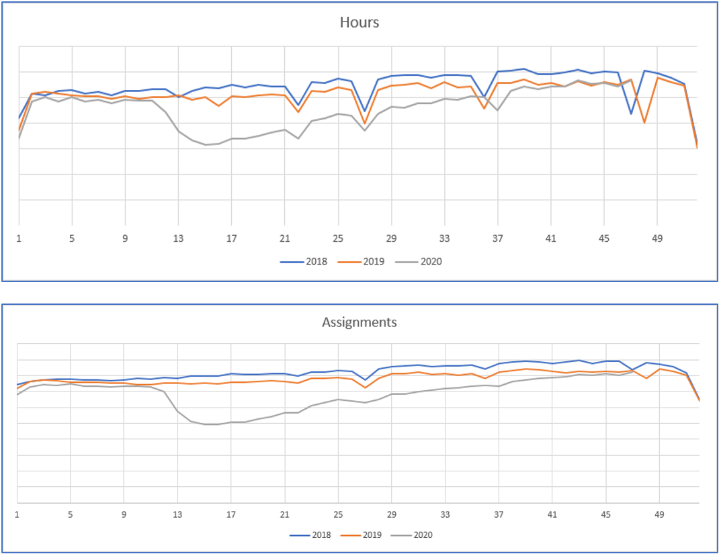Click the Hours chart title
click(x=359, y=22)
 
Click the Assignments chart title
click(x=359, y=322)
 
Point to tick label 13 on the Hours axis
click(x=178, y=238)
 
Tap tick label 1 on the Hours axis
click(x=19, y=238)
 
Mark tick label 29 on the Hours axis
click(x=391, y=238)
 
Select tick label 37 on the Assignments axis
click(x=499, y=515)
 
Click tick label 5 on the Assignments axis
click(x=71, y=515)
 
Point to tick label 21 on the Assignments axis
click(x=284, y=515)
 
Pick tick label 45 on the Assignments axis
click(x=605, y=515)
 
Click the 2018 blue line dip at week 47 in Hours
click(x=631, y=113)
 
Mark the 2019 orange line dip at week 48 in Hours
click(x=644, y=122)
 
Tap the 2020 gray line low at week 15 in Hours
click(x=205, y=144)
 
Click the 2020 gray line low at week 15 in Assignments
click(x=205, y=424)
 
